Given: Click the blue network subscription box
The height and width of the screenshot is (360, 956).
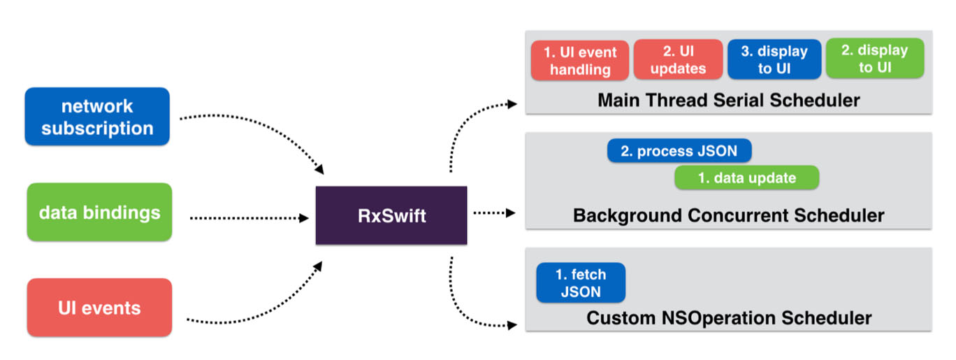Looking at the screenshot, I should tap(97, 117).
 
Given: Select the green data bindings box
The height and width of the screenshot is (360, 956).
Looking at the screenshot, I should tap(99, 213).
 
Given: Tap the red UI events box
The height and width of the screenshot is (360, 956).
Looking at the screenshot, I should tap(99, 308).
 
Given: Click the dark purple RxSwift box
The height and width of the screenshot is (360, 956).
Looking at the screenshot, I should tap(391, 215).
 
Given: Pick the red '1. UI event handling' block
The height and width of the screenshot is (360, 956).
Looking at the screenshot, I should tap(579, 60).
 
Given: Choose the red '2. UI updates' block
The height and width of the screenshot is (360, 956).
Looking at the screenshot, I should tap(678, 60).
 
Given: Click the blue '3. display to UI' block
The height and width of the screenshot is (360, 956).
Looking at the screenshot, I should tap(774, 60).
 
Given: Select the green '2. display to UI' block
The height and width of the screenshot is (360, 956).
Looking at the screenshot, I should tap(874, 59).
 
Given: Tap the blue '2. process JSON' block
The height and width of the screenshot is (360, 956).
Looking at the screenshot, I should tap(679, 151).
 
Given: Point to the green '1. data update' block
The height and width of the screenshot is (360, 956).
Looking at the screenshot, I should tap(746, 178).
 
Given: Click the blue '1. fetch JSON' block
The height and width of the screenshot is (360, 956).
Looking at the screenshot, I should tap(580, 282).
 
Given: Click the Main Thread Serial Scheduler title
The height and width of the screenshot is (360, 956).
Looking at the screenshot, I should tap(728, 100).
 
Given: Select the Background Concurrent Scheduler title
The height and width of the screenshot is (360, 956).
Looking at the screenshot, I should tap(728, 215).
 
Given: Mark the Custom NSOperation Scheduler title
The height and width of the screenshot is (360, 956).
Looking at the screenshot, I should tap(728, 318).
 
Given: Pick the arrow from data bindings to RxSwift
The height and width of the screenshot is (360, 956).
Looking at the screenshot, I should tap(248, 218).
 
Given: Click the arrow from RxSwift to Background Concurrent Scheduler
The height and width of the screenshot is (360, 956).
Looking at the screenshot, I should tap(494, 212).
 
